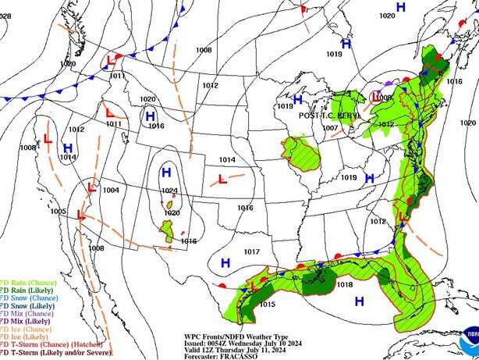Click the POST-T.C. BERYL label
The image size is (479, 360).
[331, 115]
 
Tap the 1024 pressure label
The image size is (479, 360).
[171, 191]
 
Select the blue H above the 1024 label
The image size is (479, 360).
[165, 173]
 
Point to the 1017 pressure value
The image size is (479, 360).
[251, 251]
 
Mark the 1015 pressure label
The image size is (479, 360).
[268, 305]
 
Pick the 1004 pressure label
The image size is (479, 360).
[111, 191]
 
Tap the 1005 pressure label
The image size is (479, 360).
[59, 212]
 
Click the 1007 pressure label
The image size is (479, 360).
[330, 127]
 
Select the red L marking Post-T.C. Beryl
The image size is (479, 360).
[378, 97]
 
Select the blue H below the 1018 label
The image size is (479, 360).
[360, 301]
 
